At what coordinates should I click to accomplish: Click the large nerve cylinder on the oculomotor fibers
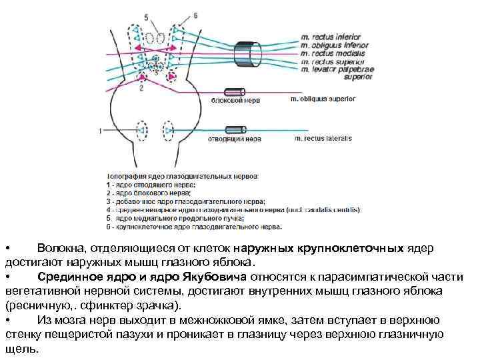click(254, 51)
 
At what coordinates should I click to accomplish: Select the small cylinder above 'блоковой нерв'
click(236, 91)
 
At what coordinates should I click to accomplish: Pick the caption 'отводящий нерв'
click(235, 140)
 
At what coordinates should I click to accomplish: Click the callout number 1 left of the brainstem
click(101, 130)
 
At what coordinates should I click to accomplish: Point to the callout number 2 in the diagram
click(141, 88)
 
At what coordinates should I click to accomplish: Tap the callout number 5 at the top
click(147, 15)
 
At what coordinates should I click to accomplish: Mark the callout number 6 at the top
click(195, 15)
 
